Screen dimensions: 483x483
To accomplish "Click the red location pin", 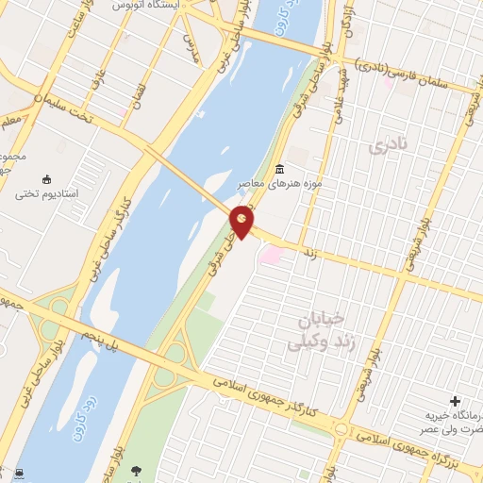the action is pyautogui.click(x=242, y=221).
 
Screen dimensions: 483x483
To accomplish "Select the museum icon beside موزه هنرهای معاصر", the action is pyautogui.click(x=279, y=170).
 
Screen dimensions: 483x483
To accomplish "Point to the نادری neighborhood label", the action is pyautogui.click(x=393, y=147).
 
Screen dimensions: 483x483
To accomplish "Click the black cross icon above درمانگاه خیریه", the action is pyautogui.click(x=458, y=402).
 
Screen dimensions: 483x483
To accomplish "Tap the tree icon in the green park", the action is pyautogui.click(x=138, y=469).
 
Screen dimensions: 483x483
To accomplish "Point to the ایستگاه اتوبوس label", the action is pyautogui.click(x=145, y=5).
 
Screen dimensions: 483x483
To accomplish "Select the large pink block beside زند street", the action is pyautogui.click(x=272, y=254).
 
